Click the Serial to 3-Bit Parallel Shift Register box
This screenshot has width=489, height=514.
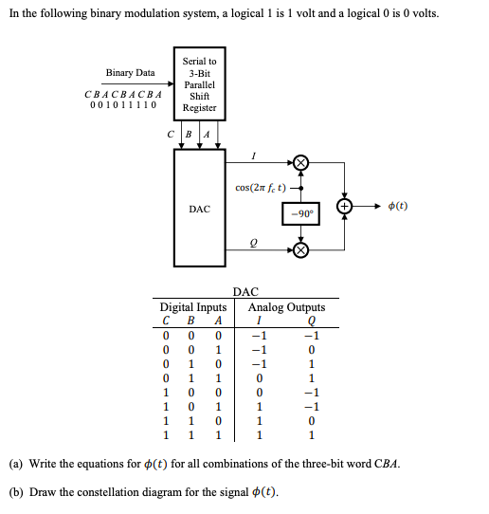(199, 84)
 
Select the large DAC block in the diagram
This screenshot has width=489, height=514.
(199, 208)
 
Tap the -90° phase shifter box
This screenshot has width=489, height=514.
(301, 213)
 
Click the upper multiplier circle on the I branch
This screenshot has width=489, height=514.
(301, 163)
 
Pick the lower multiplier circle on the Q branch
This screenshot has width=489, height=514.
(301, 250)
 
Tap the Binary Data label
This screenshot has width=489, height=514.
(130, 73)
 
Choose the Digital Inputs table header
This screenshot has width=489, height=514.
(192, 307)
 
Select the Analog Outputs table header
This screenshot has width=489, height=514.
(286, 307)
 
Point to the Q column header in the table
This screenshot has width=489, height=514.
(311, 321)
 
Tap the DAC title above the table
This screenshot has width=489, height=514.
(244, 294)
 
